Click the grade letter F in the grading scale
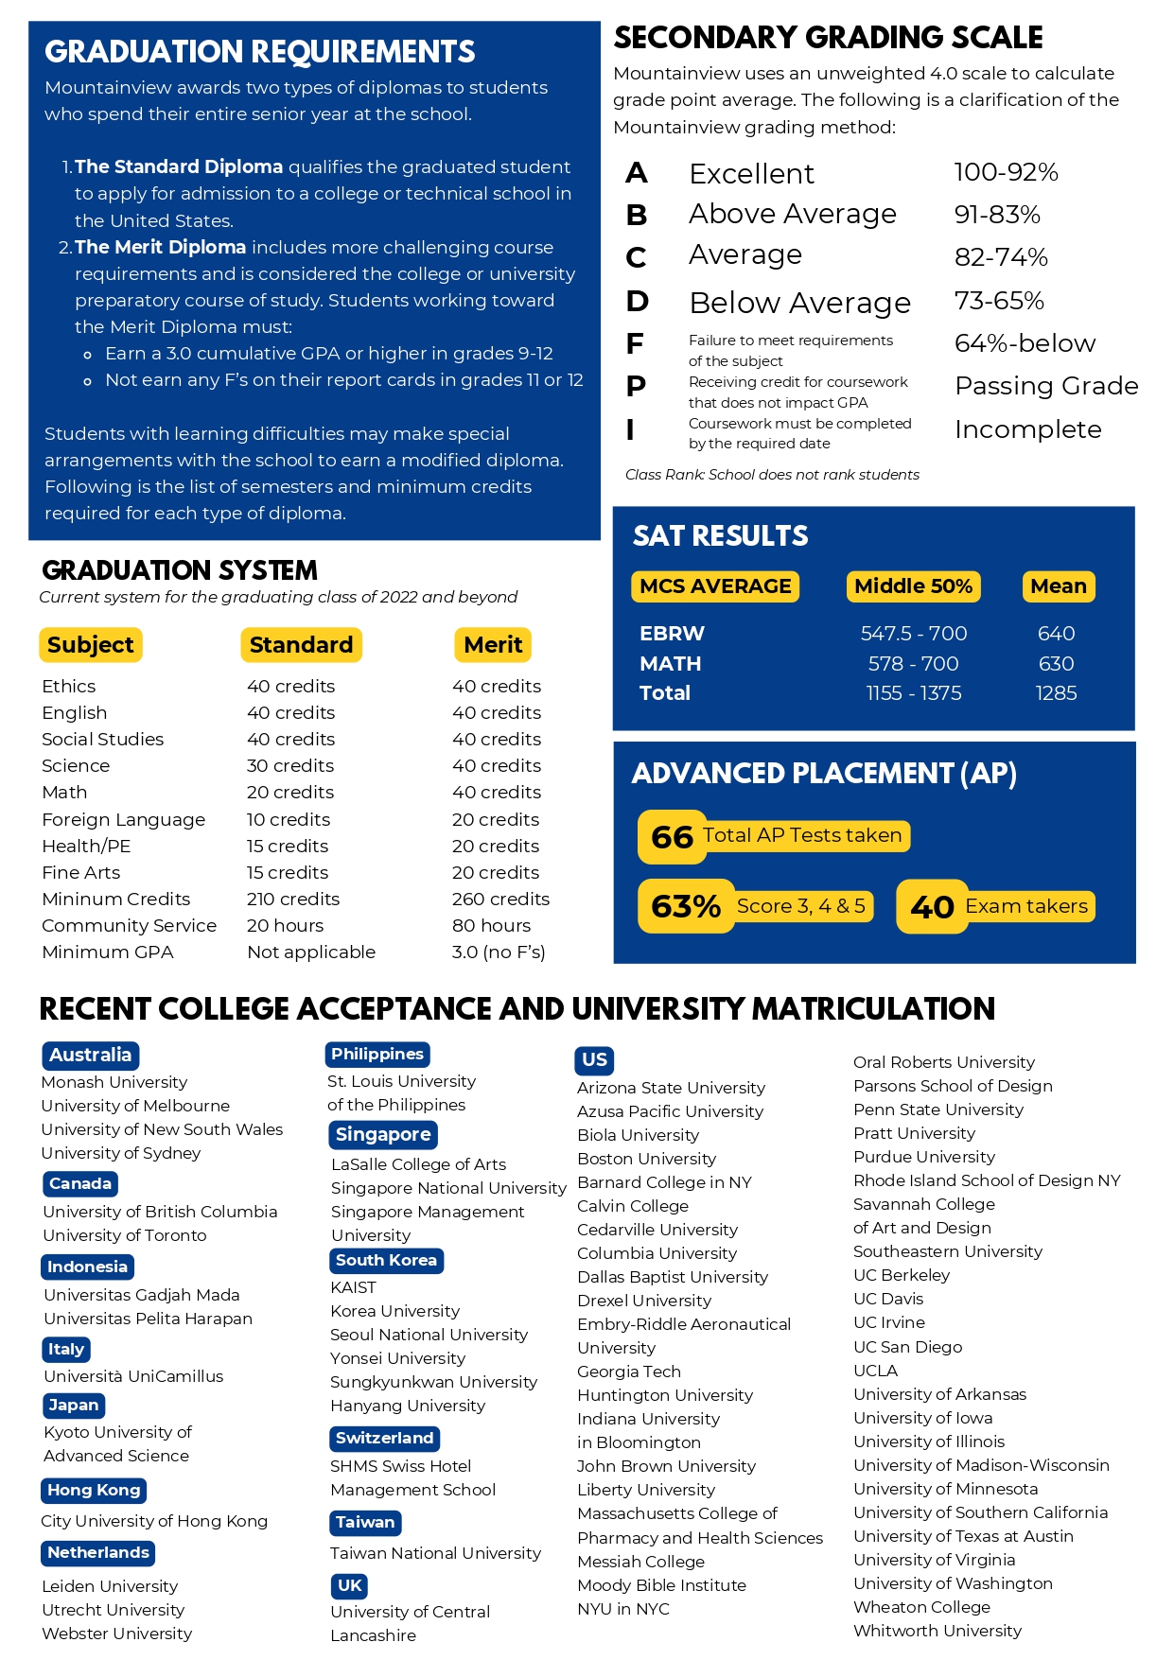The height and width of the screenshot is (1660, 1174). pyautogui.click(x=635, y=343)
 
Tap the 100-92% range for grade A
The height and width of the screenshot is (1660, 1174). pyautogui.click(x=1006, y=172)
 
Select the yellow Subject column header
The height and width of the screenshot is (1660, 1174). pyautogui.click(x=91, y=645)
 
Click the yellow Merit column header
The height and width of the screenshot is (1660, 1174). pyautogui.click(x=493, y=645)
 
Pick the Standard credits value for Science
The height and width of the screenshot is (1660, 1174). pyautogui.click(x=290, y=765)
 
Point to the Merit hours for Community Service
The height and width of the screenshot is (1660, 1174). pyautogui.click(x=491, y=925)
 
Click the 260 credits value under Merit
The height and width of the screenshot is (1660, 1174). pyautogui.click(x=500, y=899)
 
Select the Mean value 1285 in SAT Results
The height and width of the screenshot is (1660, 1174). pyautogui.click(x=1056, y=693)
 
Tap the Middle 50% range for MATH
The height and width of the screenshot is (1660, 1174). pyautogui.click(x=913, y=664)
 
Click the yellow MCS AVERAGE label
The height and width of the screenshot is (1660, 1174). pyautogui.click(x=715, y=586)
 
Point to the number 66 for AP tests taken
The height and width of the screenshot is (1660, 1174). pyautogui.click(x=672, y=837)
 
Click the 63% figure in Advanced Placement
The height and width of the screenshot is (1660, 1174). pyautogui.click(x=686, y=906)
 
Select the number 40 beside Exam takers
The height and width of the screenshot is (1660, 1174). pyautogui.click(x=932, y=907)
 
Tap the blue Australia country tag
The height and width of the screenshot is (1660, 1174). pyautogui.click(x=90, y=1055)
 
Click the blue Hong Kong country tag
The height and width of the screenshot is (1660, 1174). pyautogui.click(x=94, y=1490)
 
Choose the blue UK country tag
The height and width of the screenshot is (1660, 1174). pyautogui.click(x=349, y=1585)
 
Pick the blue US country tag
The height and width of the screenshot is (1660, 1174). pyautogui.click(x=594, y=1059)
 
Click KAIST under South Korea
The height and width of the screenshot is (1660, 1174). pyautogui.click(x=353, y=1287)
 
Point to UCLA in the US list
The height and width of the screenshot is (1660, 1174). pyautogui.click(x=875, y=1371)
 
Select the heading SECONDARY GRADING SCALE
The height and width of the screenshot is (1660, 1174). pyautogui.click(x=828, y=38)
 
